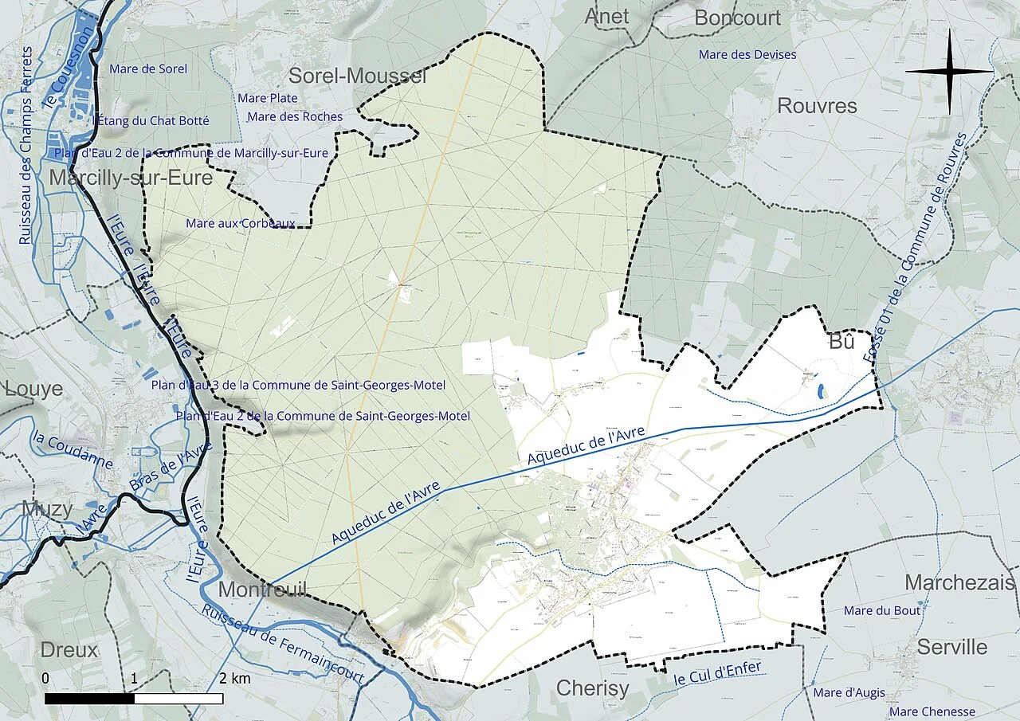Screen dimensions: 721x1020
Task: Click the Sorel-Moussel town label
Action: [357, 76]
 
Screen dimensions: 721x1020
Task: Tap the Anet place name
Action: [606, 16]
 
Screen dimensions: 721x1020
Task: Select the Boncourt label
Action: [737, 18]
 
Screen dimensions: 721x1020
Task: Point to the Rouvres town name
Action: [817, 106]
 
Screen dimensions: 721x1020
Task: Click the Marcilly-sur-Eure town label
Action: [131, 178]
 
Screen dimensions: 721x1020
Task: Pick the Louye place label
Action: [33, 389]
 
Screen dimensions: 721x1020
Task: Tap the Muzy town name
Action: [47, 508]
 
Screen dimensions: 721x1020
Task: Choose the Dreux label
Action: [69, 649]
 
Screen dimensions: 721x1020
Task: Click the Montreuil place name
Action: [262, 590]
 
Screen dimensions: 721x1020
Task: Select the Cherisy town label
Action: [592, 688]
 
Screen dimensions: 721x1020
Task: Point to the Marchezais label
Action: [960, 582]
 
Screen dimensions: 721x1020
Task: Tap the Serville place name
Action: [951, 647]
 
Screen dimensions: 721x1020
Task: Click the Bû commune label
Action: [841, 343]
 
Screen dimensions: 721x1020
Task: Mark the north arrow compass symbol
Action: [948, 71]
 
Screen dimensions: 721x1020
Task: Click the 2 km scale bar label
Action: [235, 679]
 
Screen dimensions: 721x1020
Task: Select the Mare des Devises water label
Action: [747, 54]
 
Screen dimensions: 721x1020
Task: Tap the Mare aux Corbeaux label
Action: [241, 223]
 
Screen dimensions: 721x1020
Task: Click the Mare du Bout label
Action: [882, 610]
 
